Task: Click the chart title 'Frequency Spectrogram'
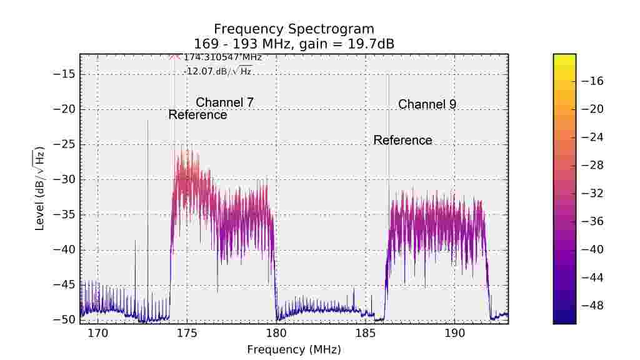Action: (294, 29)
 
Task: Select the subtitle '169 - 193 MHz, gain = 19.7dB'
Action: (294, 43)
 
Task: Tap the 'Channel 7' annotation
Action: (224, 102)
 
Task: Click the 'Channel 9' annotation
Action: (427, 104)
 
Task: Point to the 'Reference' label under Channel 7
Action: (197, 115)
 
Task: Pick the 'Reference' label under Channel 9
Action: (402, 140)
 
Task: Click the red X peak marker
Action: (174, 56)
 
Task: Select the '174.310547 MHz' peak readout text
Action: (222, 57)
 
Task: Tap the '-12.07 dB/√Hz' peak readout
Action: (218, 71)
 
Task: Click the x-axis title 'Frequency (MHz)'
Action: (294, 349)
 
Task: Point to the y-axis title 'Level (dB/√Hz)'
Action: (40, 189)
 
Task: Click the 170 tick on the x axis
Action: (98, 332)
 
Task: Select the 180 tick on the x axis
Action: (276, 332)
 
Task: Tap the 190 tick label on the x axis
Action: (454, 332)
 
